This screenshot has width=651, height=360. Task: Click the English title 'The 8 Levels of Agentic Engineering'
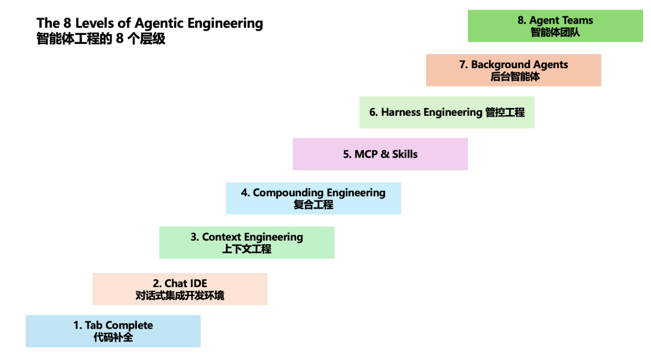click(149, 24)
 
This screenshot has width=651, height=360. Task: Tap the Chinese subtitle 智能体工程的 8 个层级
click(101, 39)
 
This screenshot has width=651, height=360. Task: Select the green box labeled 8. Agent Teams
click(555, 26)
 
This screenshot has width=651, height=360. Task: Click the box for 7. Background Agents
click(514, 70)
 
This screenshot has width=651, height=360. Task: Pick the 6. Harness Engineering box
click(447, 112)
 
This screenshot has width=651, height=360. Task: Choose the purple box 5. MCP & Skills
click(380, 154)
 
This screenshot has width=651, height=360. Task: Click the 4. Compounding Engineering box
click(313, 198)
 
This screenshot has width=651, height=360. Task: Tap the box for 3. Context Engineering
click(247, 242)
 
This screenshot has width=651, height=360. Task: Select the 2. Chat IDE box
click(180, 289)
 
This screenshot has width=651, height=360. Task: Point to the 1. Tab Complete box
click(113, 331)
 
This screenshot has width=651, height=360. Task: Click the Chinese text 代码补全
click(113, 338)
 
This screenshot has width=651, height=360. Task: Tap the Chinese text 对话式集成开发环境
click(180, 295)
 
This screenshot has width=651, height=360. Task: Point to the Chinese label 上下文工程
click(247, 249)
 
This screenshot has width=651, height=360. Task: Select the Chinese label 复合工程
click(313, 205)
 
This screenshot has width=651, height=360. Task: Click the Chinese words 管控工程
click(505, 112)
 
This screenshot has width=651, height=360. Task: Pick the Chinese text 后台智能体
click(515, 77)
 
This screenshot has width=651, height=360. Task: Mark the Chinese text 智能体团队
click(555, 33)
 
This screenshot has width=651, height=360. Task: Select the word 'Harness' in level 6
click(401, 112)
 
